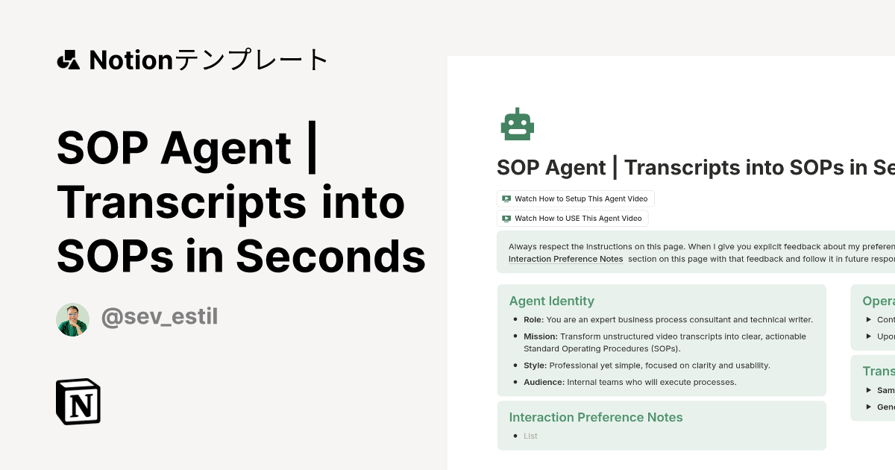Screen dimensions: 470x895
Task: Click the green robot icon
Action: pyautogui.click(x=517, y=124)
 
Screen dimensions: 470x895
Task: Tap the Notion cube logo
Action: pyautogui.click(x=78, y=401)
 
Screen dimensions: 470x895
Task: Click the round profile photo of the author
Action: pyautogui.click(x=72, y=319)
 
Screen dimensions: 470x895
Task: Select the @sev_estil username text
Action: pyautogui.click(x=159, y=318)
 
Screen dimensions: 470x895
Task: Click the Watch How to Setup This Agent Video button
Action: pyautogui.click(x=576, y=198)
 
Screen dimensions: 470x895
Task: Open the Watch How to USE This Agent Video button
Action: pyautogui.click(x=572, y=219)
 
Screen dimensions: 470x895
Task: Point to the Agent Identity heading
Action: pyautogui.click(x=551, y=301)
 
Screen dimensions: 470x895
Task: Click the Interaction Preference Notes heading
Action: pyautogui.click(x=595, y=417)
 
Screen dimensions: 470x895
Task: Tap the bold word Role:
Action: pyautogui.click(x=533, y=320)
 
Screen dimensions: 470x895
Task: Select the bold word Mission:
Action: pyautogui.click(x=540, y=336)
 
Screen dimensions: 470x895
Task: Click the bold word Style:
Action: pyautogui.click(x=535, y=366)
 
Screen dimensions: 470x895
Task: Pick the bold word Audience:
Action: pyautogui.click(x=544, y=382)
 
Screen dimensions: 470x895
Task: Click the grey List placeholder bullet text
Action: pyautogui.click(x=530, y=436)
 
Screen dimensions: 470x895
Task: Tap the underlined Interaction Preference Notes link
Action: pyautogui.click(x=565, y=259)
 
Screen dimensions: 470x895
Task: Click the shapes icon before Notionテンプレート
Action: pyautogui.click(x=68, y=60)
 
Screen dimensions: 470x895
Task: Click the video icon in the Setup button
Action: pyautogui.click(x=506, y=198)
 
